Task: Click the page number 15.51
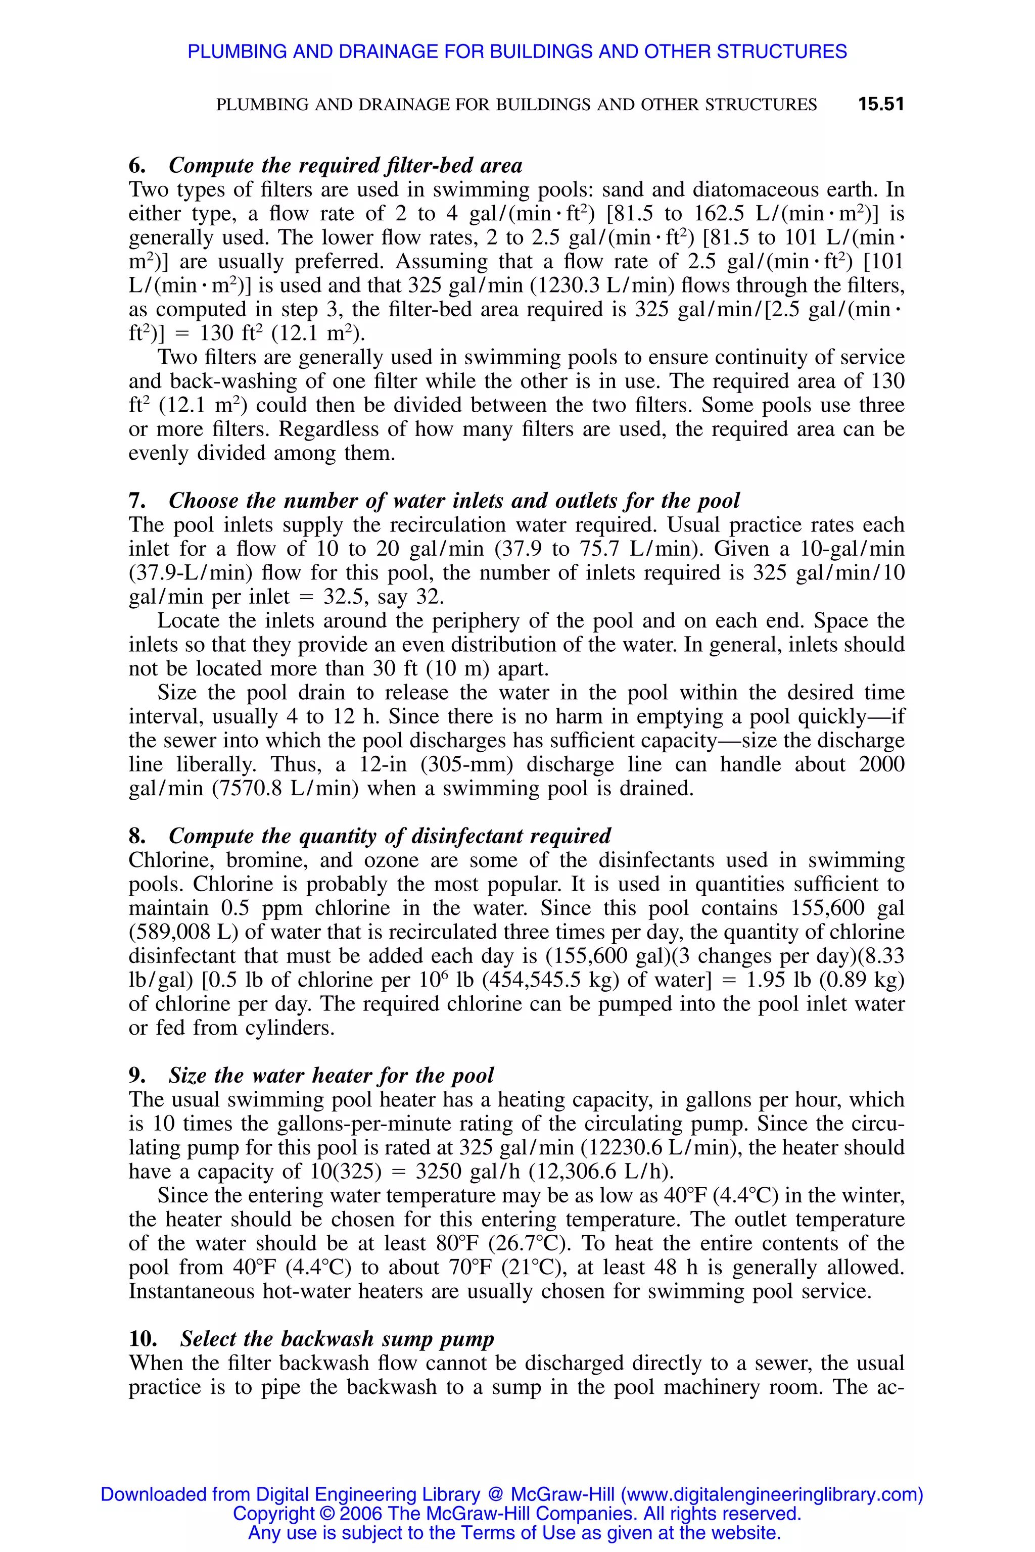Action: coord(880,104)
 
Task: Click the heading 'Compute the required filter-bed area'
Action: coord(345,165)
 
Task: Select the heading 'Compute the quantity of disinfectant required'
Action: coord(390,836)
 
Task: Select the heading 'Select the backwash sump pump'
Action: coord(337,1339)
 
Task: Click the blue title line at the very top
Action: coord(517,52)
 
